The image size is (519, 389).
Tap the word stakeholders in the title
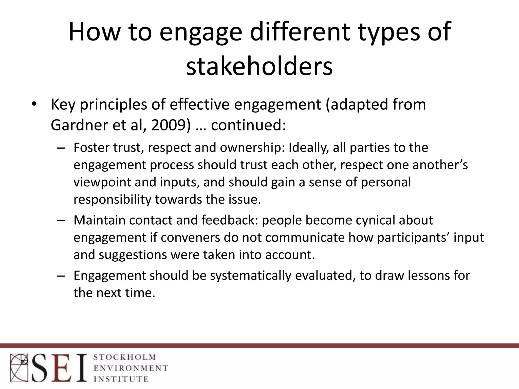(259, 67)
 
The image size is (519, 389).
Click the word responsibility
(112, 199)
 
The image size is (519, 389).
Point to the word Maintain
(99, 220)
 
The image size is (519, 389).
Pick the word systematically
(251, 275)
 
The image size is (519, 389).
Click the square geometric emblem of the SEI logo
(19, 367)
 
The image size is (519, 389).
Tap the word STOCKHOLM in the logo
(125, 357)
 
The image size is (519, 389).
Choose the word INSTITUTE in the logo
(121, 379)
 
